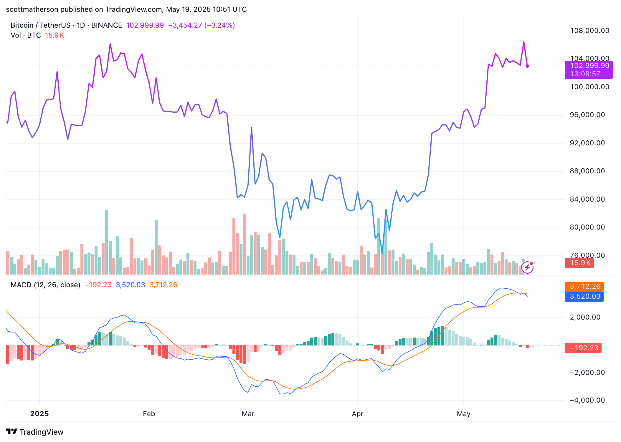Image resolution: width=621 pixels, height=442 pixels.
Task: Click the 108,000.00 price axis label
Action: (x=589, y=31)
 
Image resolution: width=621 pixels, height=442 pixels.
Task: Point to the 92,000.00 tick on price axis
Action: (x=587, y=143)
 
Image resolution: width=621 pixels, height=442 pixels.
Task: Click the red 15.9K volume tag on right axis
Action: (x=579, y=263)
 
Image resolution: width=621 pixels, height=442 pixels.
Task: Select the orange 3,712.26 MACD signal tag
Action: (x=584, y=286)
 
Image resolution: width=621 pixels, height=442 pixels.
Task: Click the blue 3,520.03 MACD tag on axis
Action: (x=584, y=296)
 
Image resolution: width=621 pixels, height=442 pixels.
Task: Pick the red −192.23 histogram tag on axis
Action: (x=583, y=348)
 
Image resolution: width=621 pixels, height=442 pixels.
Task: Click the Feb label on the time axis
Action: (x=149, y=414)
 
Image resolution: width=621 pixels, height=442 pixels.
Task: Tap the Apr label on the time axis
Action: (x=357, y=414)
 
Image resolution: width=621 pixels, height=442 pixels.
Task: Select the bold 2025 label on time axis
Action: (x=39, y=414)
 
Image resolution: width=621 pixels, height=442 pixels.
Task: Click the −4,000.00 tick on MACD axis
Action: (x=587, y=400)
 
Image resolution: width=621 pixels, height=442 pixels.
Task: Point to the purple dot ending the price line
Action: (x=527, y=66)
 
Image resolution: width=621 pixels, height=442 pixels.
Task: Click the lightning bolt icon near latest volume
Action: (x=527, y=267)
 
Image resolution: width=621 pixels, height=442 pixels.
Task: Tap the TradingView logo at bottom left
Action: (x=35, y=432)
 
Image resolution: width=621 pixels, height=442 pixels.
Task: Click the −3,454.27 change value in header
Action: (x=185, y=25)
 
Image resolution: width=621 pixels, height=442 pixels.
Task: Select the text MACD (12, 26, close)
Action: (x=45, y=285)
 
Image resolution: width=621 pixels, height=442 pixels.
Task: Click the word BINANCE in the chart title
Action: (x=107, y=25)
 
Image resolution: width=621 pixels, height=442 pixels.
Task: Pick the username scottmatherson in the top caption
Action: (x=32, y=9)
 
